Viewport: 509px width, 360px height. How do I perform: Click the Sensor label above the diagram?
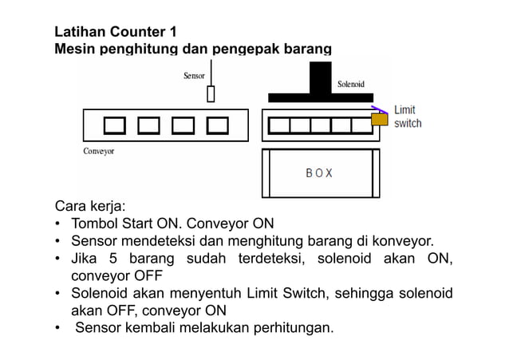(194, 76)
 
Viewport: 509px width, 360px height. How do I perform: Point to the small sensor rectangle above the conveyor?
(211, 94)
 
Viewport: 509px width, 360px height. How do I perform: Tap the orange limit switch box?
(379, 120)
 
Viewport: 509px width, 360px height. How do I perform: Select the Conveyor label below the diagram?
(99, 151)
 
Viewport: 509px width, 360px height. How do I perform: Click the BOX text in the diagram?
(319, 172)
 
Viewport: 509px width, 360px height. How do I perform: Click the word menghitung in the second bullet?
(249, 240)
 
